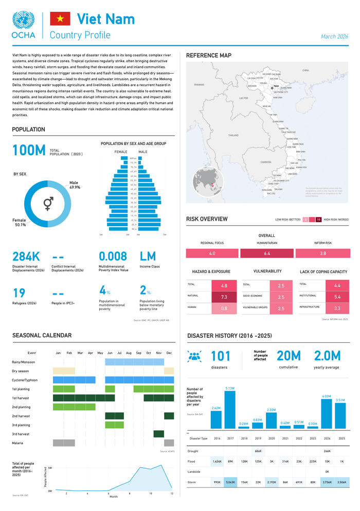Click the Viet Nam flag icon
(x=60, y=19)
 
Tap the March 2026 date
(x=334, y=36)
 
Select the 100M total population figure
(x=29, y=150)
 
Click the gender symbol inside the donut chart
(x=48, y=204)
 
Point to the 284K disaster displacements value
(x=26, y=257)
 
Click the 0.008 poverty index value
(x=113, y=257)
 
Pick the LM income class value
(x=148, y=257)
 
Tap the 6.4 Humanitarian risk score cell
(x=267, y=253)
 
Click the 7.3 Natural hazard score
(x=224, y=297)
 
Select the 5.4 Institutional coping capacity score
(x=337, y=297)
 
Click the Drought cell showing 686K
(x=258, y=451)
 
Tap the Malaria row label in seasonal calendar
(x=17, y=443)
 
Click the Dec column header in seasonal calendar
(x=169, y=353)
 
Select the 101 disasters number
(x=221, y=356)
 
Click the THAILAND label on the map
(x=233, y=135)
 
